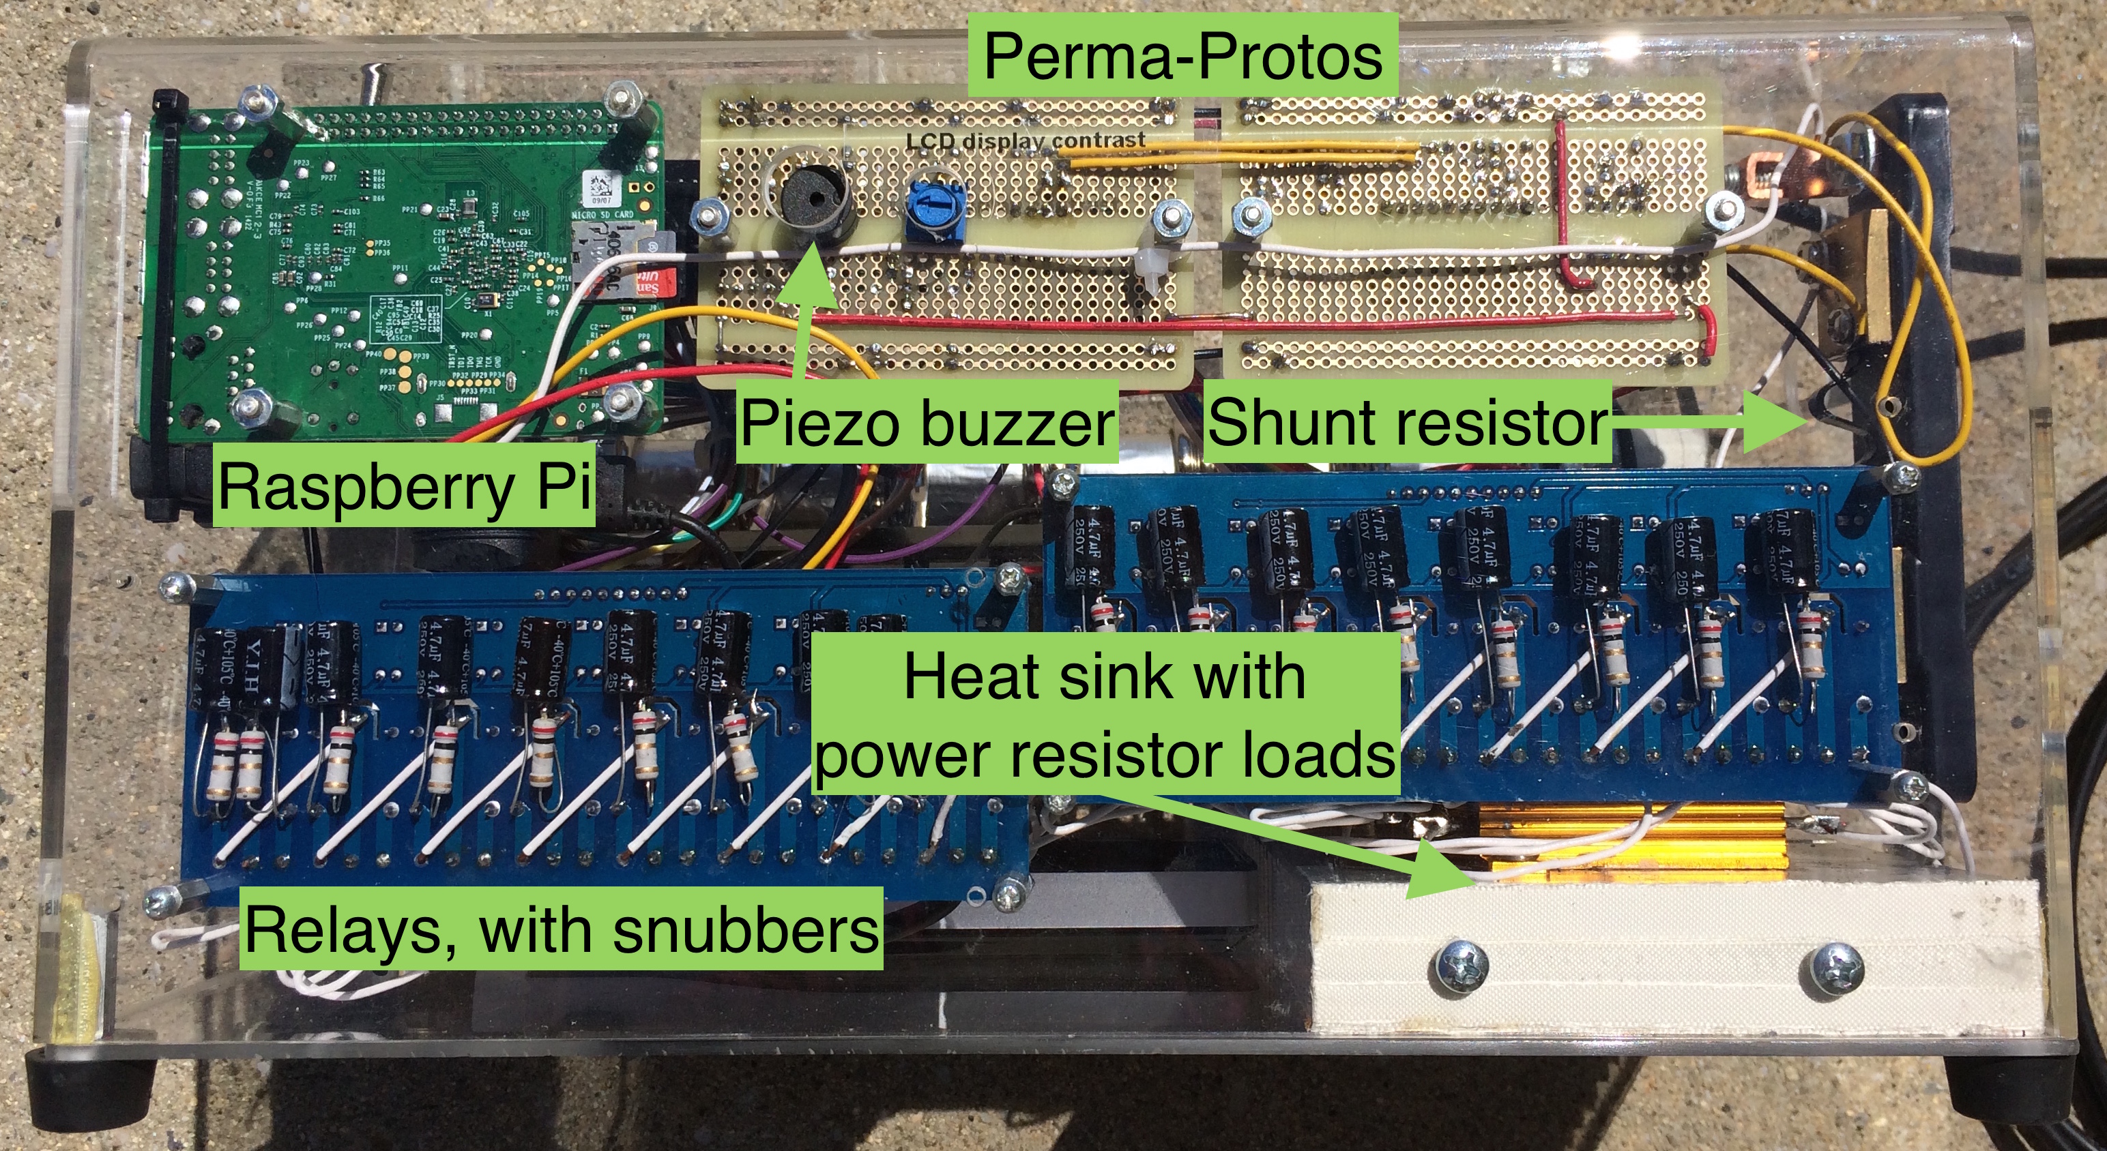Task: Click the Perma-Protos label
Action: [1182, 56]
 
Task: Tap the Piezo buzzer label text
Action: [927, 423]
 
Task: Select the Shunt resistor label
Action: [1407, 423]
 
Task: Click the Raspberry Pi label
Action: [405, 486]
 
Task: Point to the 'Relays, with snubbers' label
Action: [561, 929]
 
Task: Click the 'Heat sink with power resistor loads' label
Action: [1104, 715]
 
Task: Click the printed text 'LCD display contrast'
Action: [1025, 140]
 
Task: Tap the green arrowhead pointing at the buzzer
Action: [810, 266]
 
